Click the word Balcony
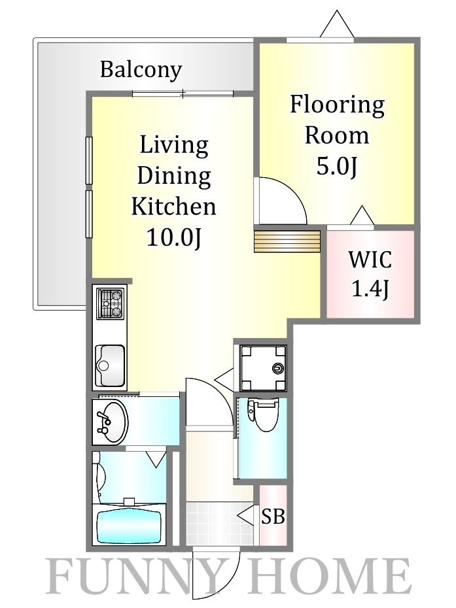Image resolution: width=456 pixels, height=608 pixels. (x=141, y=70)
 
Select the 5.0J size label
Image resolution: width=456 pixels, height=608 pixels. (x=336, y=166)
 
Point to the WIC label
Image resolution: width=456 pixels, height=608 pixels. (x=370, y=260)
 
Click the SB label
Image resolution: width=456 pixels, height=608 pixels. (x=273, y=516)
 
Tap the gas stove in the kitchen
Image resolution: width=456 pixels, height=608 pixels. (x=111, y=303)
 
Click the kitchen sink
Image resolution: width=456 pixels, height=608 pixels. (x=110, y=365)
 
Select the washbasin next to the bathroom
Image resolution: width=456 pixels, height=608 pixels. (x=111, y=422)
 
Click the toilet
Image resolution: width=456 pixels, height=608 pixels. (x=263, y=415)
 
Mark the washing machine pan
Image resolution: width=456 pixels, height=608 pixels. (x=264, y=367)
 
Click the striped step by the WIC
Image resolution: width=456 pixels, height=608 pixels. (x=287, y=242)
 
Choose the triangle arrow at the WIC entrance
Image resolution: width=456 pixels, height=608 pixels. (x=362, y=215)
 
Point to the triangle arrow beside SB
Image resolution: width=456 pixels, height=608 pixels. (x=245, y=515)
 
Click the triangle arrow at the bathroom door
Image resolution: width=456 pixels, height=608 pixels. (x=157, y=459)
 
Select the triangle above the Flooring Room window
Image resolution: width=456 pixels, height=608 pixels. (x=337, y=24)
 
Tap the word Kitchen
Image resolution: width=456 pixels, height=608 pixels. (x=173, y=207)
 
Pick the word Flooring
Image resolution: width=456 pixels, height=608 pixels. (x=337, y=105)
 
